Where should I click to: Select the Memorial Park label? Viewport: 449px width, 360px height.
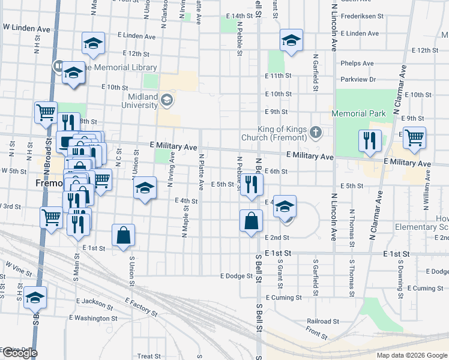click(360, 113)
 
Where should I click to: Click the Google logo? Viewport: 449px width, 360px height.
click(20, 353)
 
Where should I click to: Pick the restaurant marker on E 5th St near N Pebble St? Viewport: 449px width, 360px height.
click(251, 184)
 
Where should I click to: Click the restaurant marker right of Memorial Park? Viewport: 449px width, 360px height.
click(370, 140)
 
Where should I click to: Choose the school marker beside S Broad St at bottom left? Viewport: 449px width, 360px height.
click(35, 297)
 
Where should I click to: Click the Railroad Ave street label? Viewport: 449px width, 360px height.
click(322, 321)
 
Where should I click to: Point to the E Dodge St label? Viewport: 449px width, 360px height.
click(238, 276)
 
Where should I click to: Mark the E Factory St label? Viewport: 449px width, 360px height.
click(142, 306)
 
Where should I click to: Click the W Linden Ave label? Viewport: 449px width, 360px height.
click(26, 28)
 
